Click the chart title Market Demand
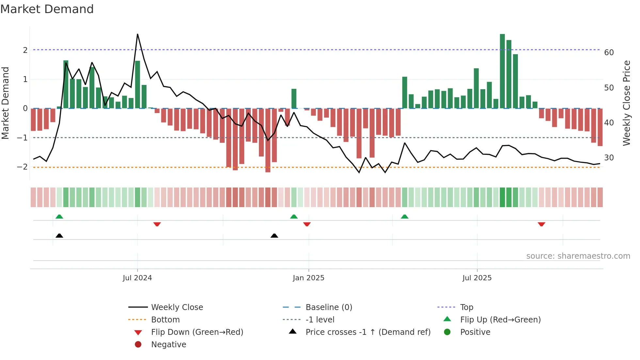[47, 9]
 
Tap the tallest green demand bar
[502, 71]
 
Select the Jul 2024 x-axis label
[137, 278]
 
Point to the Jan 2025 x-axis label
[309, 278]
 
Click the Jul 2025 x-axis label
[477, 278]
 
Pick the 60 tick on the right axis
[609, 52]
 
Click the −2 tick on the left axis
[22, 167]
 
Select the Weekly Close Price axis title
[626, 103]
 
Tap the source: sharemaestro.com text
[578, 256]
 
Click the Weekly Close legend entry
[177, 307]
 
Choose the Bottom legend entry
[165, 320]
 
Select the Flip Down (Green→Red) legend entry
[197, 332]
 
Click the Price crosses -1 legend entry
[368, 332]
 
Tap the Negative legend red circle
[138, 345]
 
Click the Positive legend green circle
[447, 332]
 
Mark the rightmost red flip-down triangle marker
[541, 224]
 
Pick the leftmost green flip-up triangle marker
[59, 217]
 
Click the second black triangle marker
[274, 236]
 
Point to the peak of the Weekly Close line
[137, 34]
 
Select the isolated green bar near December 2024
[294, 98]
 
